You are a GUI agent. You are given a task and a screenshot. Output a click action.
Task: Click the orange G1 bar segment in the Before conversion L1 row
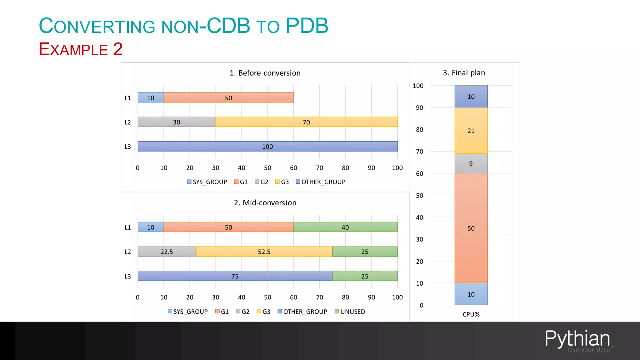pos(228,97)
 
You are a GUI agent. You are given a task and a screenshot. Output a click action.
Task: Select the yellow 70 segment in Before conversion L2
pos(306,122)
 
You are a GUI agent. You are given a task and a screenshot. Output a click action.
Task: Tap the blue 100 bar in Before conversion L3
pos(267,146)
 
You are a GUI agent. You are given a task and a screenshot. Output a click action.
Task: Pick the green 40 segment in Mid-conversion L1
pos(345,227)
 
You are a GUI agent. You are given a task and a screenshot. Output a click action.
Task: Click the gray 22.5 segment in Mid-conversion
pos(167,252)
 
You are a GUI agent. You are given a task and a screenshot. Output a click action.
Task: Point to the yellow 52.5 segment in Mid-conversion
pos(264,252)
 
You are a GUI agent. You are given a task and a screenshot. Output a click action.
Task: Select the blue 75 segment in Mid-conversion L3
pos(235,276)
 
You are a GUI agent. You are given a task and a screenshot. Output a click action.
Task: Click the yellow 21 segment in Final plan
pos(471,131)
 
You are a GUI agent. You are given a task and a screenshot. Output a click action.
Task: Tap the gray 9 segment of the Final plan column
pos(471,163)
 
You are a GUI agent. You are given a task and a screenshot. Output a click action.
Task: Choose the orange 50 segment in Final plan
pos(471,228)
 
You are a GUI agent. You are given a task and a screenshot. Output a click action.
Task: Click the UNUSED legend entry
pos(350,312)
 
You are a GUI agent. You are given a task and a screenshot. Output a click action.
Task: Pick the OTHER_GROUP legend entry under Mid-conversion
pos(302,312)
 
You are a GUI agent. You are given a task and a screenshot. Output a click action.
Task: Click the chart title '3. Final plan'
pos(464,73)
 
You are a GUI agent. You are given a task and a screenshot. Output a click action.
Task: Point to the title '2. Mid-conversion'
pos(265,202)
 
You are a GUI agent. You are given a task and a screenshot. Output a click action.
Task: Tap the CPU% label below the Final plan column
pos(471,314)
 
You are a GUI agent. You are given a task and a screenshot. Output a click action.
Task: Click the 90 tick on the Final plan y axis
pos(419,107)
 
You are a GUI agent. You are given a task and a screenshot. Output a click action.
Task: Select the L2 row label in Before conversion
pos(128,122)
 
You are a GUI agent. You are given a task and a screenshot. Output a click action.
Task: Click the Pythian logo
pos(577,340)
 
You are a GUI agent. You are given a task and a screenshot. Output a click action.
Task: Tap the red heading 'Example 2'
pos(81,49)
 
